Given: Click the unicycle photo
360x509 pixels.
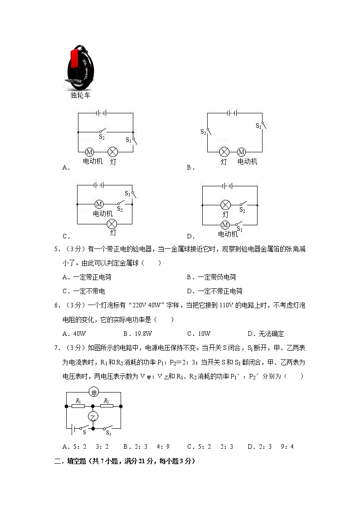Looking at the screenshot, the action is (81, 68).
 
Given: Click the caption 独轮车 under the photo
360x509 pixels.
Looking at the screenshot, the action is (80, 96).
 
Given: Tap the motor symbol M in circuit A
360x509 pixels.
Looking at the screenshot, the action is (89, 152).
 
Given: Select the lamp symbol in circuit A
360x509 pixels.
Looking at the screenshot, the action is (112, 152).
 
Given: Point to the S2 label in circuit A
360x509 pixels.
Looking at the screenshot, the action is (102, 137).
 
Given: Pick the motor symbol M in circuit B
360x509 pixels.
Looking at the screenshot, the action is (241, 152).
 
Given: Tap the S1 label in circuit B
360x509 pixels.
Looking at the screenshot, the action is (258, 126).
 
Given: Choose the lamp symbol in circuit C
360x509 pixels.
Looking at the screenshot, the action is (112, 224).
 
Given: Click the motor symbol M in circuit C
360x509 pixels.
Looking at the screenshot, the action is (99, 204).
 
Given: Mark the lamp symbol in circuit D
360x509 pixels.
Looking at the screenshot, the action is (225, 204).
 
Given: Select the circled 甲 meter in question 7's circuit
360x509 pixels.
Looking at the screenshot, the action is (94, 393).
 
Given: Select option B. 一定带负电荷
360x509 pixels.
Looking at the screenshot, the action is (211, 277).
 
